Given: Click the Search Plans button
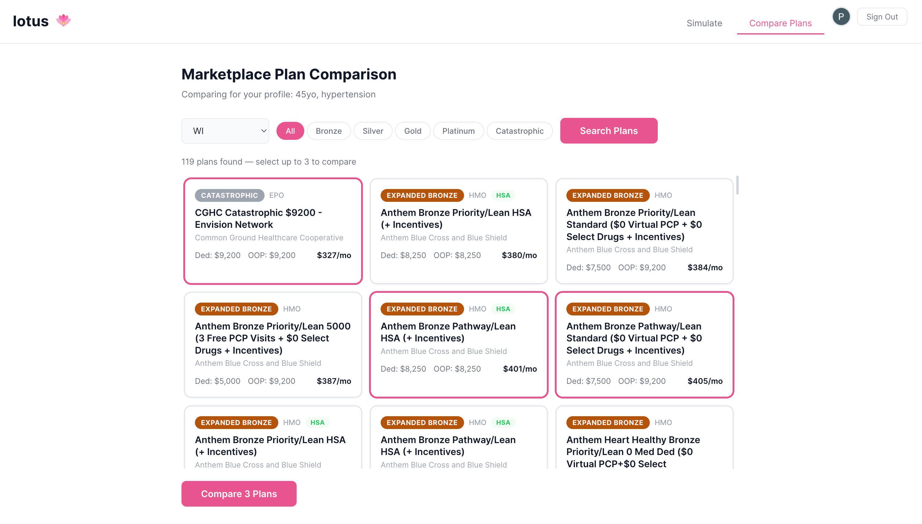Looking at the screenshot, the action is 609,131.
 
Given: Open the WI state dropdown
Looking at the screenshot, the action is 225,131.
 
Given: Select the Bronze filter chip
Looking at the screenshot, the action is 328,131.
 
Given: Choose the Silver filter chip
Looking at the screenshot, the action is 373,131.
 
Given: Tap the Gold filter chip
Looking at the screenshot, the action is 412,131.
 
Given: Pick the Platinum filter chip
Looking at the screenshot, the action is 458,131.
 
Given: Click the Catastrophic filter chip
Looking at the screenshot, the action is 519,131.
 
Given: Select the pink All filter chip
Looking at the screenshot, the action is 290,131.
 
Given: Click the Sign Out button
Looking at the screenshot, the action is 882,17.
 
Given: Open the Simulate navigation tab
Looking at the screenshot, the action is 704,23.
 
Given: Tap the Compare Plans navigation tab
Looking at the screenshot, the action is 780,23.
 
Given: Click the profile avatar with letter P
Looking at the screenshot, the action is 841,16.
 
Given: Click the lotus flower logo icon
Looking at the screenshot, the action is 63,20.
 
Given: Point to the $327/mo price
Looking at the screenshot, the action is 334,255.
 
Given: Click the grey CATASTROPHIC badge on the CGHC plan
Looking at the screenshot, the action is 229,195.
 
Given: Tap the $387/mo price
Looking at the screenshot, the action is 334,381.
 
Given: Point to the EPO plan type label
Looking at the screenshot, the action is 276,195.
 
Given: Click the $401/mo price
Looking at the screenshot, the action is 519,369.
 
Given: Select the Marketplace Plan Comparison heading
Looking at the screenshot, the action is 289,74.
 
